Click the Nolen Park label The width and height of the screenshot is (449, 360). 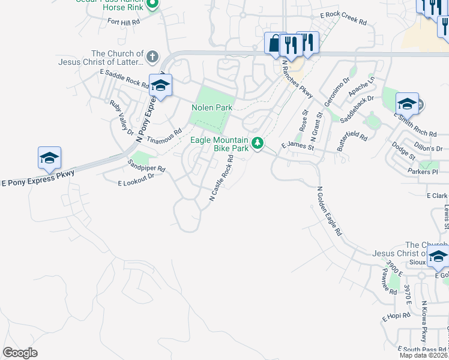[211, 107]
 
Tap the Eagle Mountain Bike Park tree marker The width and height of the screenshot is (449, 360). [258, 143]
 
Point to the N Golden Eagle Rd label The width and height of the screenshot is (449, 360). [328, 210]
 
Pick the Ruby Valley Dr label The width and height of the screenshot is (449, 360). [120, 116]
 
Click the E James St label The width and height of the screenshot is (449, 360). [297, 146]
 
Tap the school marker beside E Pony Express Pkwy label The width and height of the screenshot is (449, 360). [49, 158]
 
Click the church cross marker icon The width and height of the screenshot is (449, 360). [152, 58]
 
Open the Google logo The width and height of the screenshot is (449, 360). [20, 353]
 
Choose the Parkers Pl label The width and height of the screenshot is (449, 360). [428, 173]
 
